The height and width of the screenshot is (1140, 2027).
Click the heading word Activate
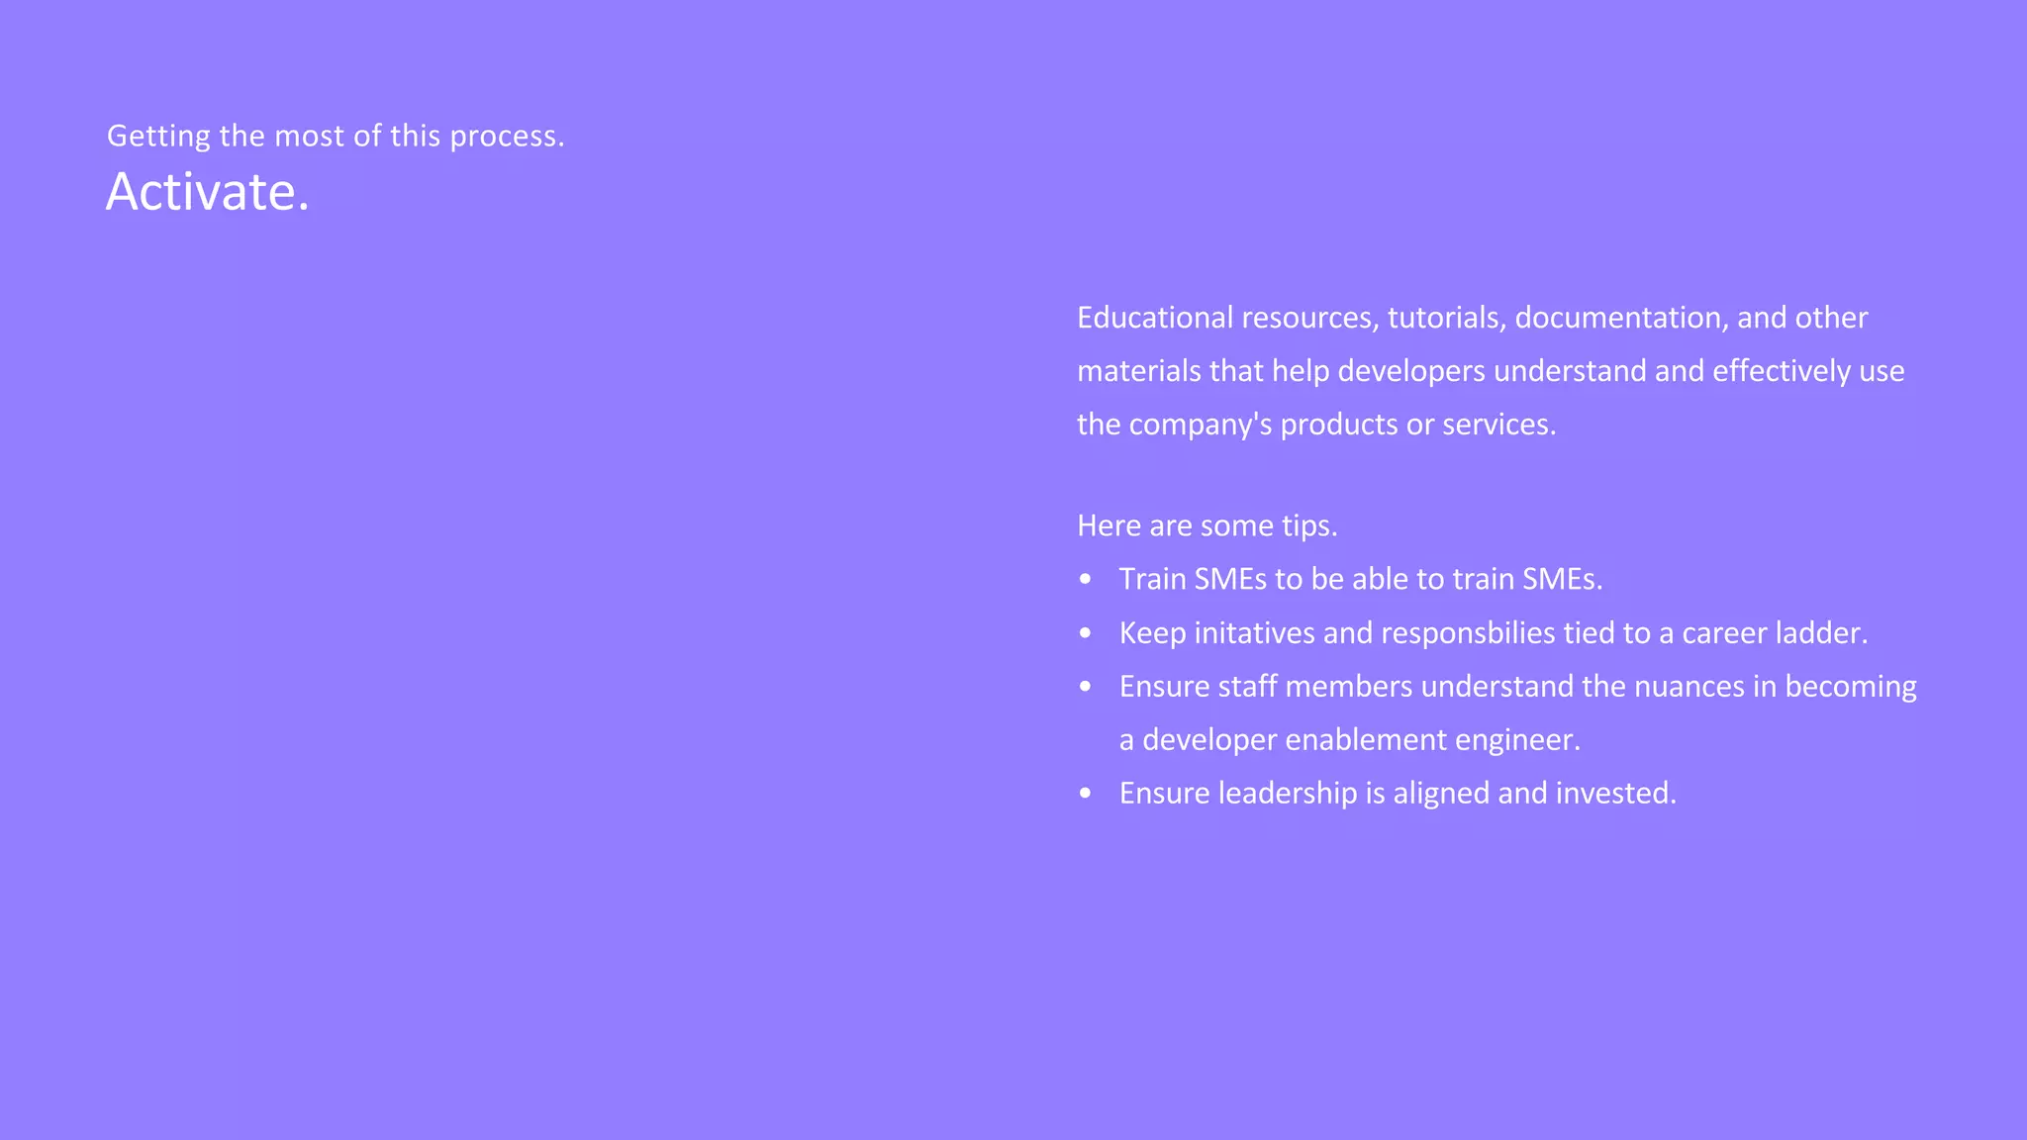coord(207,191)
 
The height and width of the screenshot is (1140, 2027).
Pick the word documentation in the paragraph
coord(1621,318)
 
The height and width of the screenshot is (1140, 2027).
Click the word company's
coord(1200,425)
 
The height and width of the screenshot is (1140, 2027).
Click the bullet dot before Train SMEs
coord(1086,579)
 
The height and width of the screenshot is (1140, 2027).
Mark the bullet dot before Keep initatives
coord(1086,633)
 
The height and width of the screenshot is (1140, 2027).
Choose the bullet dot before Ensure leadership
coord(1086,794)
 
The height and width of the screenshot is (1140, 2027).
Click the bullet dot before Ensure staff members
coord(1086,687)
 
